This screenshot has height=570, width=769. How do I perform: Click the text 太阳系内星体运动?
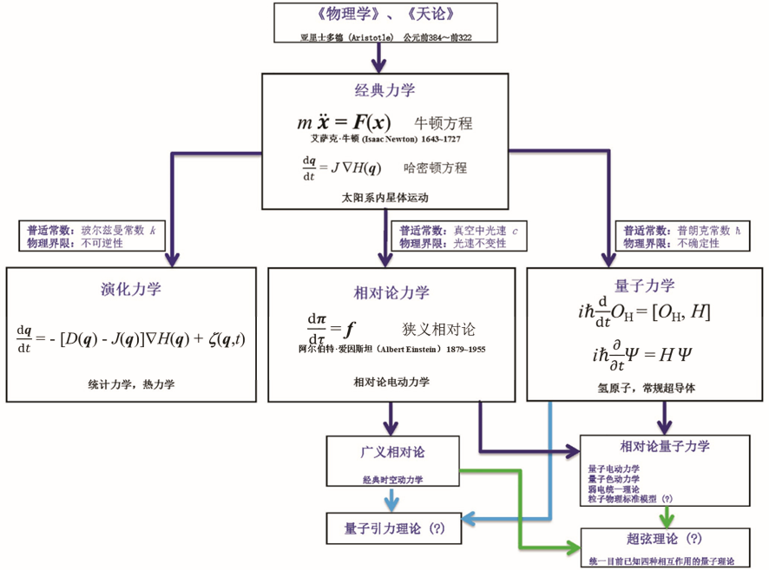point(384,198)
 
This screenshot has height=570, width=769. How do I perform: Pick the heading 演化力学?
point(131,289)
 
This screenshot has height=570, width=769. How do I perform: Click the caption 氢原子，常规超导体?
point(646,388)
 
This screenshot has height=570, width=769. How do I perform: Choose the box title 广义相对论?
point(392,452)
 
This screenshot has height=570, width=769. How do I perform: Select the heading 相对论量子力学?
point(665,447)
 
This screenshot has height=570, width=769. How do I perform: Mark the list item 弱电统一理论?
point(614,488)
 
